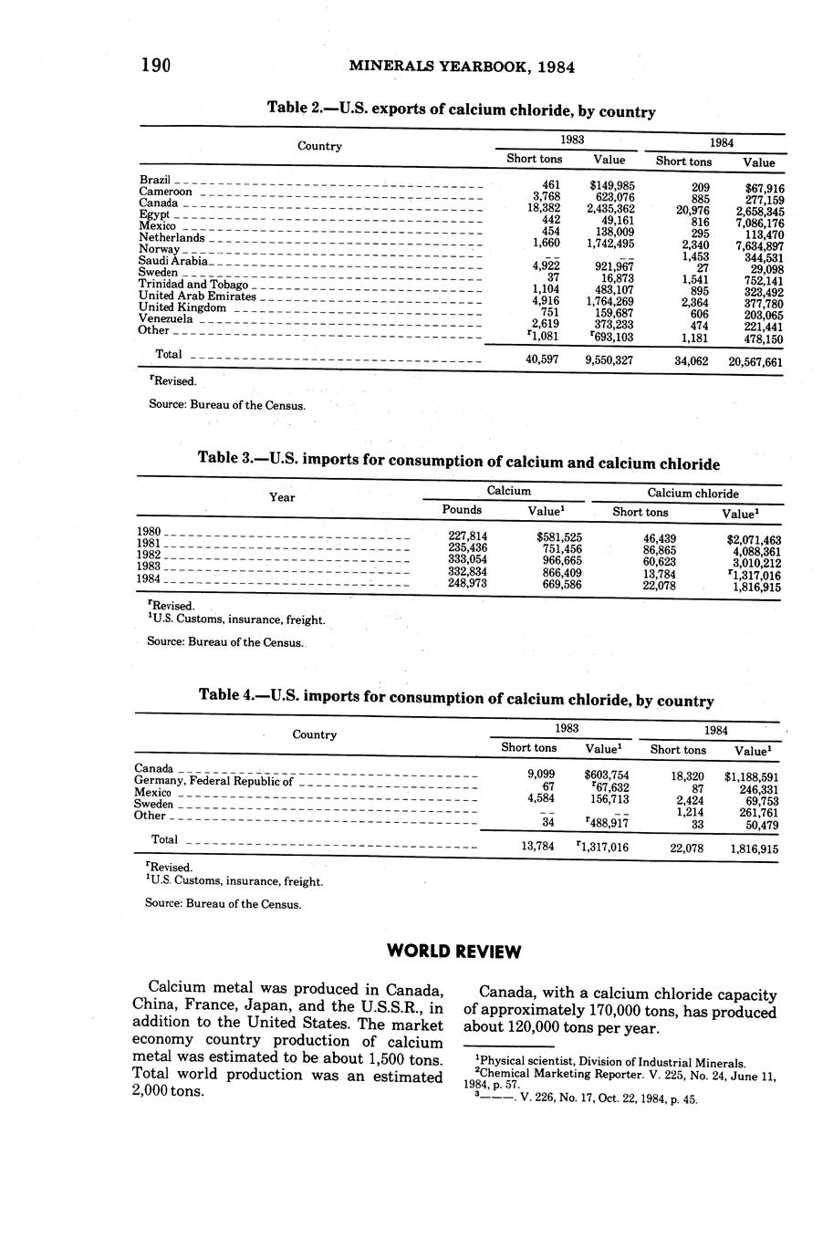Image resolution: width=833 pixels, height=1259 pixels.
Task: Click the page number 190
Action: point(157,65)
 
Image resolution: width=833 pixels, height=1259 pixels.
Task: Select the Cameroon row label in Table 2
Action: point(165,192)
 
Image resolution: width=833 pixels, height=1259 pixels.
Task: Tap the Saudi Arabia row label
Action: point(173,261)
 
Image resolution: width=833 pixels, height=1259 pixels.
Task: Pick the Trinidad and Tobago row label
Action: point(193,285)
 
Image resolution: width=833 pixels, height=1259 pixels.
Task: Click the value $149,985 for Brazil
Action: point(612,185)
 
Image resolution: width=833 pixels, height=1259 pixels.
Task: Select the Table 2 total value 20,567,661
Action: point(755,362)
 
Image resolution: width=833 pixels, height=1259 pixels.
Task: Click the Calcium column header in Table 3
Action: point(508,491)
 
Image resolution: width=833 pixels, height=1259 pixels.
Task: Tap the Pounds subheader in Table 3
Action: point(462,510)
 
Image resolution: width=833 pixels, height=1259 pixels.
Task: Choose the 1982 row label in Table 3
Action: point(149,555)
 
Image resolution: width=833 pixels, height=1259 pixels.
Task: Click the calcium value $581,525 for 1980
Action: point(559,537)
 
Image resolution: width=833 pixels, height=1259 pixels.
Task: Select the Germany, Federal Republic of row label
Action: point(213,781)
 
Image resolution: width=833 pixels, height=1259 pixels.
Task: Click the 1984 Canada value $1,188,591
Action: point(751,777)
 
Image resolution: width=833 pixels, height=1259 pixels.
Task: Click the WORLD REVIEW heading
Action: point(454,952)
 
